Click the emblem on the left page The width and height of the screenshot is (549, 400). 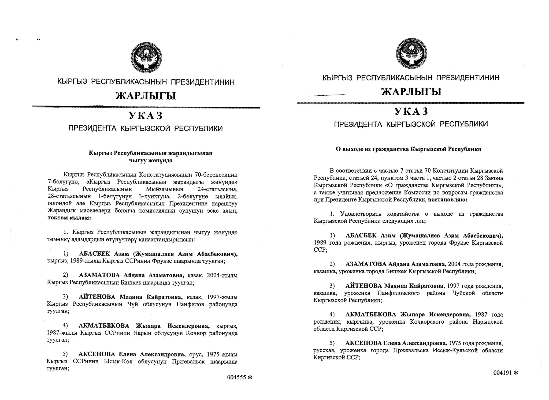click(146, 57)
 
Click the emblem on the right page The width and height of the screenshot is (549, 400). click(411, 54)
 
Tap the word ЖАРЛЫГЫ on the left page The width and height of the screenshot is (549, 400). click(146, 96)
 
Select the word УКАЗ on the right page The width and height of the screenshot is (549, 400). click(411, 111)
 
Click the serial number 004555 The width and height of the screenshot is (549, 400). click(236, 377)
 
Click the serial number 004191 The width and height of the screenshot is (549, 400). click(503, 373)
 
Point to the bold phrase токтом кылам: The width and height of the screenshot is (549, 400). click(69, 218)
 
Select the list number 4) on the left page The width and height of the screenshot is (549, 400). click(65, 326)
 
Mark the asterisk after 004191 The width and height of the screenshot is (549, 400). click(516, 373)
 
